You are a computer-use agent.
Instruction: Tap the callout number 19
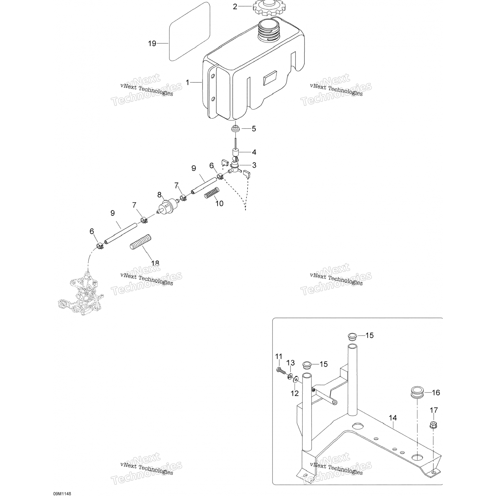(x=152, y=43)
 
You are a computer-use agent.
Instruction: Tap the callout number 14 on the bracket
(x=393, y=418)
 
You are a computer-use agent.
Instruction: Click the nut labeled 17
(x=433, y=426)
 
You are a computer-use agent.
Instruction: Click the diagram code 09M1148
(x=62, y=494)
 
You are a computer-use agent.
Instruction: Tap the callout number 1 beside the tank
(x=187, y=82)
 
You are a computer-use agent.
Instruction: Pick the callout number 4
(x=254, y=152)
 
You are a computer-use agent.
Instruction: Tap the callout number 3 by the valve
(x=254, y=165)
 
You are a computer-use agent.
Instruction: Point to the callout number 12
(x=294, y=393)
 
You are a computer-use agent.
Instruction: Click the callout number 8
(x=159, y=195)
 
